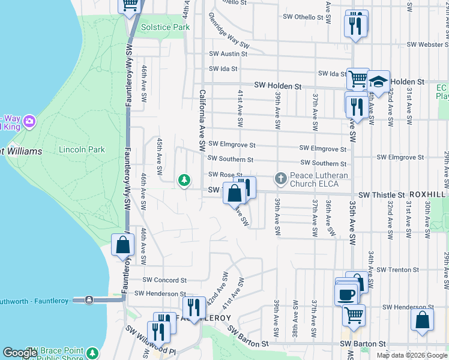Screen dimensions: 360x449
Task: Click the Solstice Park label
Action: click(165, 27)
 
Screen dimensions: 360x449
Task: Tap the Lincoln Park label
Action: click(82, 149)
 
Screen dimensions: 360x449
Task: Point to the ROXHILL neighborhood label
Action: click(429, 195)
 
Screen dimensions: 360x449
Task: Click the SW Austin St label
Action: click(224, 53)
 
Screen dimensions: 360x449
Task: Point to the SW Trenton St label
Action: click(400, 270)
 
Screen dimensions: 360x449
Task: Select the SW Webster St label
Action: click(427, 44)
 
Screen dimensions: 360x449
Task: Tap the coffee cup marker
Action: click(346, 295)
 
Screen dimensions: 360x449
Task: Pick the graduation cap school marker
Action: click(378, 80)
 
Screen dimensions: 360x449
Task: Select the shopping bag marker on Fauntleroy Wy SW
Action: click(122, 245)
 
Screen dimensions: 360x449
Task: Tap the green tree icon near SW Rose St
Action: click(184, 179)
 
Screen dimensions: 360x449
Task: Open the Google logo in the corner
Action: click(20, 353)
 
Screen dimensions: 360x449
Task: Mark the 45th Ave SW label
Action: click(160, 157)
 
